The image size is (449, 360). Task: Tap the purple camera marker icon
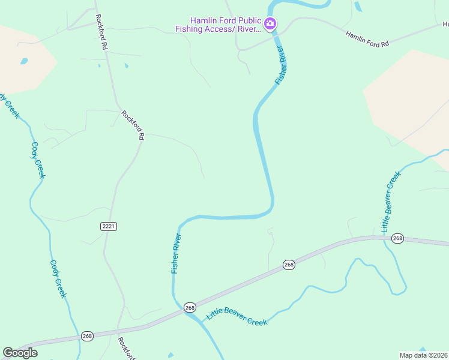coord(270,24)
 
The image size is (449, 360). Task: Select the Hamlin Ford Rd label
coord(368,40)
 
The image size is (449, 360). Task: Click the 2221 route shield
coord(108,226)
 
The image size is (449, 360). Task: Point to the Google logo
coord(20,353)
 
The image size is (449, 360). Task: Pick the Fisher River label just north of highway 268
coord(176,254)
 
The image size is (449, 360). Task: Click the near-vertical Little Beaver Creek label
coord(390,202)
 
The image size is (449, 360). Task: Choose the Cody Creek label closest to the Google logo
coord(58,278)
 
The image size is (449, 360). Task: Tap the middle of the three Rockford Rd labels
coord(133,125)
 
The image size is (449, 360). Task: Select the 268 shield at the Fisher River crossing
coord(190,307)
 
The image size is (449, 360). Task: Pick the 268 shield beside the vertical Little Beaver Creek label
coord(397,238)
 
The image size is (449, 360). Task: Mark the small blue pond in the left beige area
coord(23,61)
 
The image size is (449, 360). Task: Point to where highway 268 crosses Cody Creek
coord(80,337)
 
